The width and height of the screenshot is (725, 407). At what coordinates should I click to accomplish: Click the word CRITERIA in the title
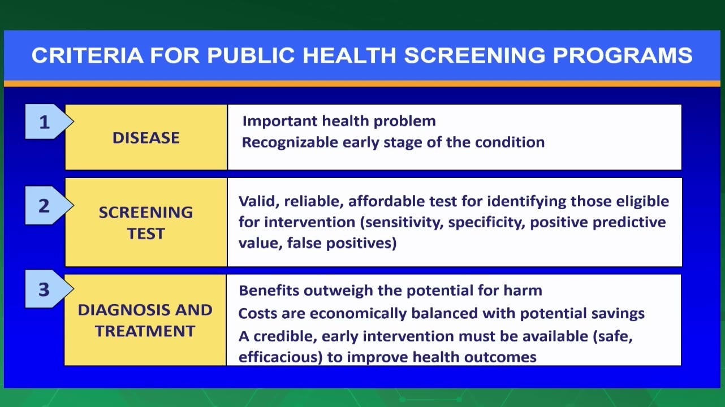pyautogui.click(x=88, y=55)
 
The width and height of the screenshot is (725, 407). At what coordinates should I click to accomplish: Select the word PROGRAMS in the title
pyautogui.click(x=623, y=55)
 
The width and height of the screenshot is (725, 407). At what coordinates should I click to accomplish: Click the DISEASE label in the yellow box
pyautogui.click(x=146, y=138)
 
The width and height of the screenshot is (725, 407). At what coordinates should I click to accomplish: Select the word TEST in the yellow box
pyautogui.click(x=146, y=233)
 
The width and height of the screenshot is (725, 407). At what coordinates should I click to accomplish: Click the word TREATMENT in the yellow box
pyautogui.click(x=145, y=331)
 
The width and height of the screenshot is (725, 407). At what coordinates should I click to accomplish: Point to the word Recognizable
pyautogui.click(x=290, y=142)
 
